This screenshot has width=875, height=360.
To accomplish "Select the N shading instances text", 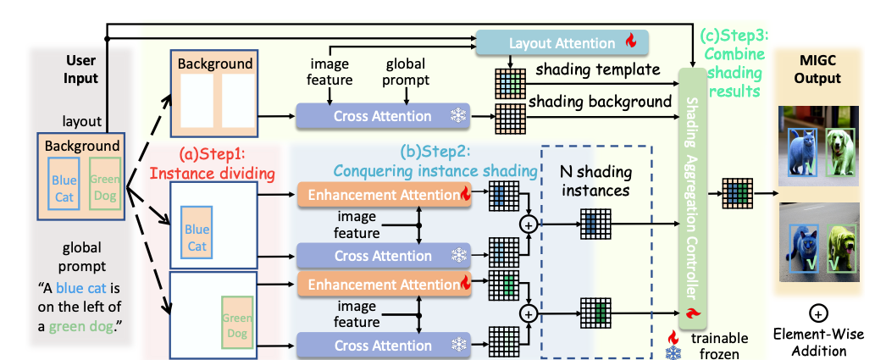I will click(x=596, y=180).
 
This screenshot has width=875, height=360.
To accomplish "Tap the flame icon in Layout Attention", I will click(x=630, y=41).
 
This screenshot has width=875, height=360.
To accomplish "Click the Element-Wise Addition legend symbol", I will click(x=818, y=313).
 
